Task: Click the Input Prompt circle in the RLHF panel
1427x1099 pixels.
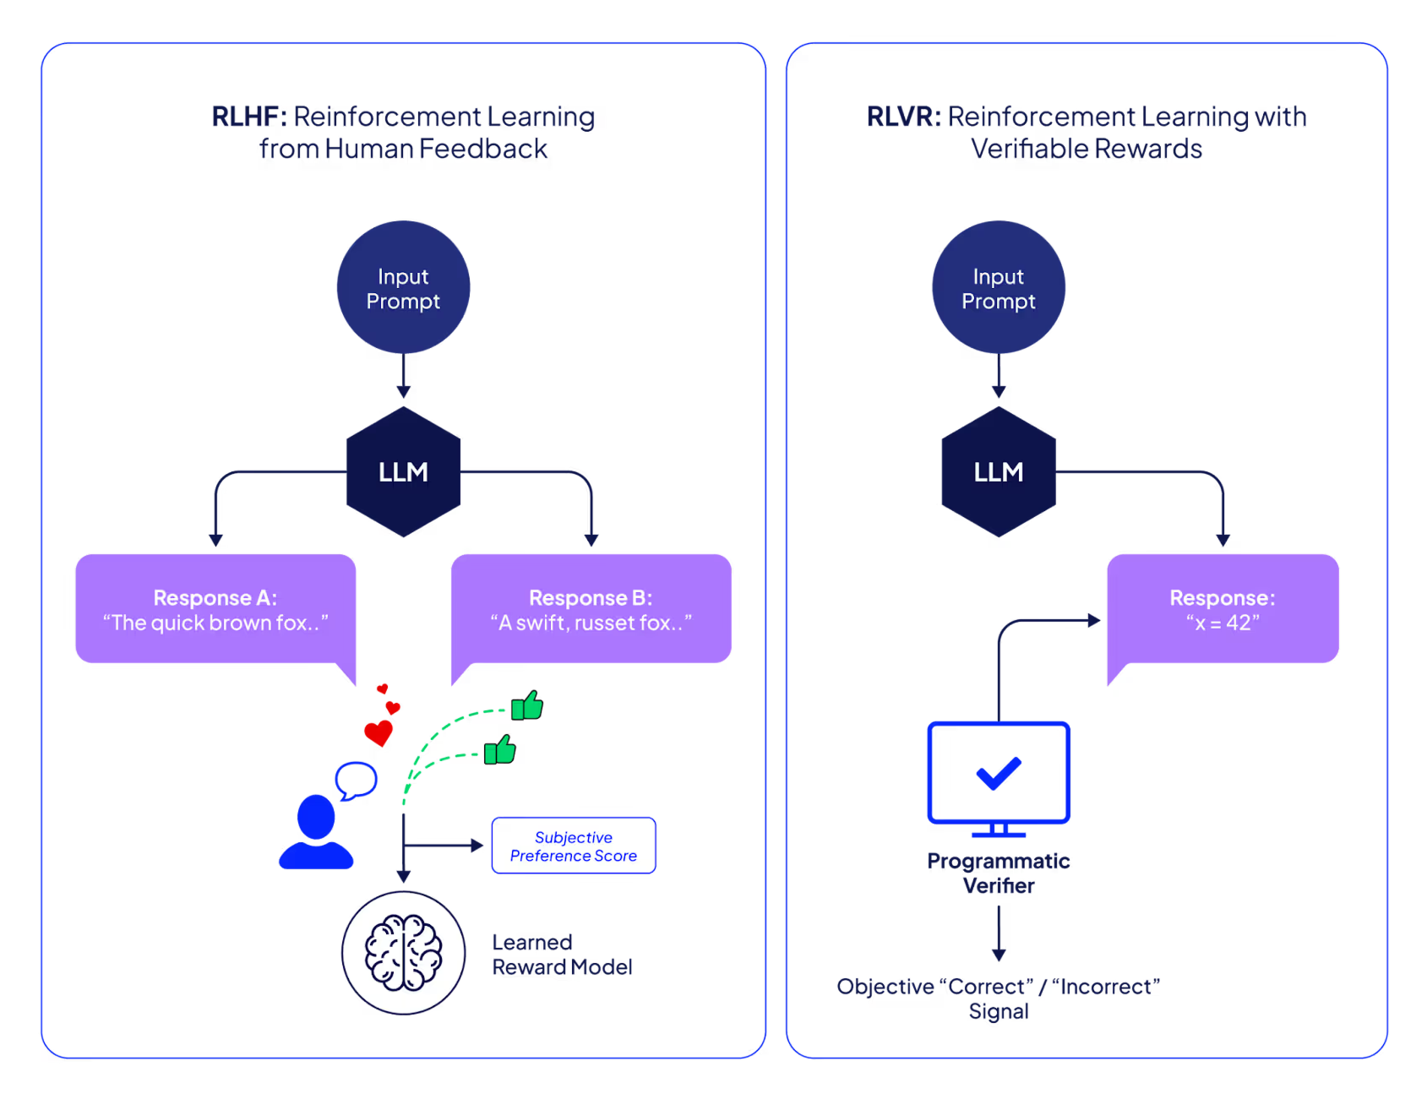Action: (403, 287)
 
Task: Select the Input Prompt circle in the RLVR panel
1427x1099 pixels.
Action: (998, 287)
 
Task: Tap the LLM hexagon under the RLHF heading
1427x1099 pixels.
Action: (403, 471)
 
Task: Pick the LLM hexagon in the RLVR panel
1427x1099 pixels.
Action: (998, 471)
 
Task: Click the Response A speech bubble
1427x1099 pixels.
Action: (215, 609)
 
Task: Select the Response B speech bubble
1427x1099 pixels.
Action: (591, 609)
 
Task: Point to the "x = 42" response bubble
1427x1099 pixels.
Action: (1222, 609)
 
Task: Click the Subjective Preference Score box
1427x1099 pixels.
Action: (573, 846)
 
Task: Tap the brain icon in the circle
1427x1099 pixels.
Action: (403, 953)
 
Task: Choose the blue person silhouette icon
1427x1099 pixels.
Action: (316, 833)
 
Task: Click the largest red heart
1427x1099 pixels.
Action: (378, 732)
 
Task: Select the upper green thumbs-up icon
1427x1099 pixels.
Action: (527, 705)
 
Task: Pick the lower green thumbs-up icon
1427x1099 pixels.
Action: (500, 749)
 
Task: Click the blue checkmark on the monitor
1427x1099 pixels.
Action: (998, 772)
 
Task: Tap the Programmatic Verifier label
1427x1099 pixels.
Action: (998, 873)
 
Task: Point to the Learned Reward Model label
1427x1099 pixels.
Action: (562, 955)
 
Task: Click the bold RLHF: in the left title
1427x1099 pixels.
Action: (249, 117)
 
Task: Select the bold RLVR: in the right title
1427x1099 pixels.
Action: (903, 117)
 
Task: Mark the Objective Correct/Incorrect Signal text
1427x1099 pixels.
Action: (998, 998)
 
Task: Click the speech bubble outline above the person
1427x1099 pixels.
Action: (356, 780)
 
